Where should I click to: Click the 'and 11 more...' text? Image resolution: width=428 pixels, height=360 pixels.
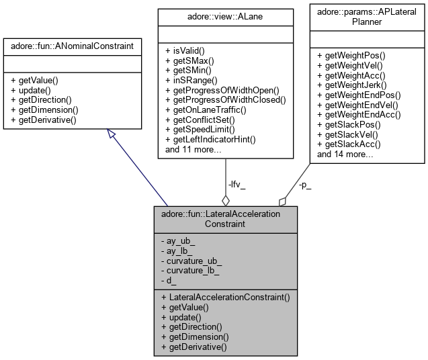(194, 149)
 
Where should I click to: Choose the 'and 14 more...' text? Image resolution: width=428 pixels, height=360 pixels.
(345, 154)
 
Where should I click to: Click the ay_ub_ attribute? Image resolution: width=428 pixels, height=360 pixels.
(177, 240)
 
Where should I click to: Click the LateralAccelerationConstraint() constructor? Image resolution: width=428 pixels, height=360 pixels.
(225, 296)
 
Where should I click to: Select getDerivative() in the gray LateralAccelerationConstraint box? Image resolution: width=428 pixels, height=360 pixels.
(194, 347)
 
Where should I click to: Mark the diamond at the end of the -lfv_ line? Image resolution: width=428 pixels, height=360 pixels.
(226, 199)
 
